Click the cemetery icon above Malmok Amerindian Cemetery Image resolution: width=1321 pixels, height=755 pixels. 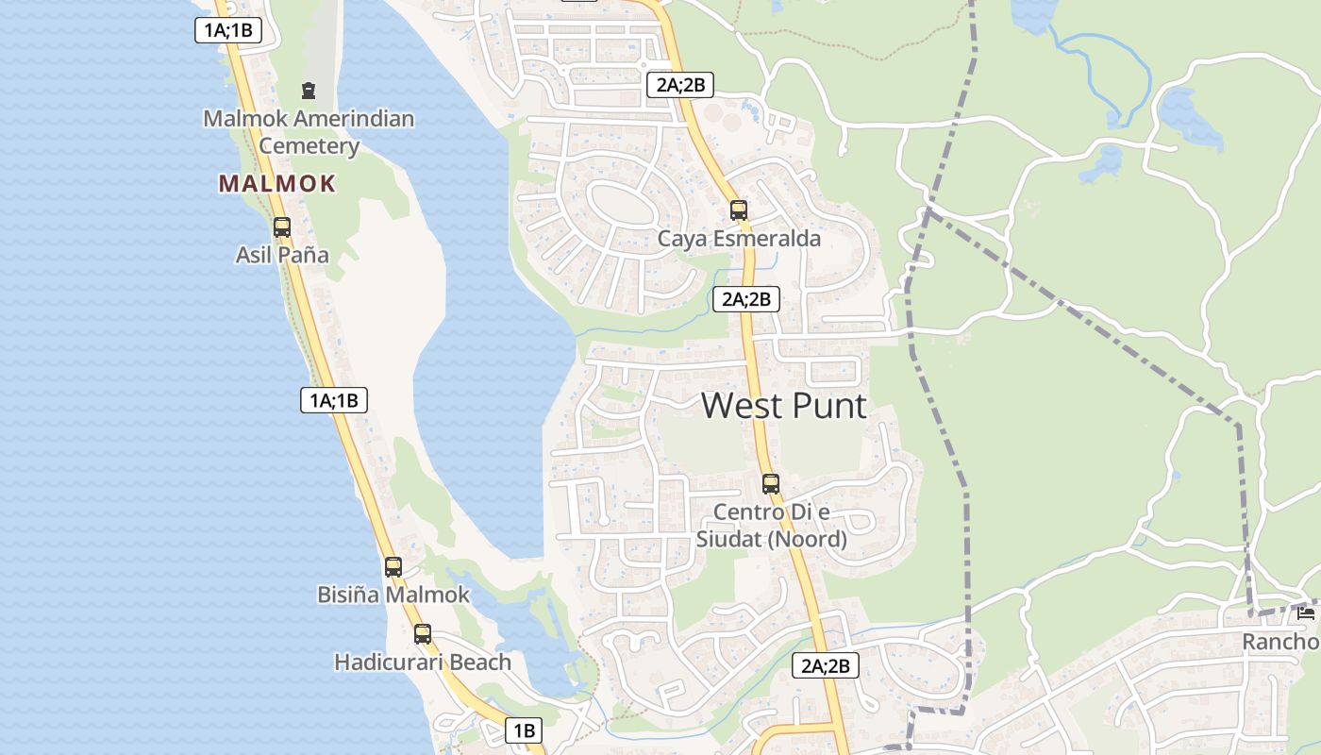[x=308, y=91]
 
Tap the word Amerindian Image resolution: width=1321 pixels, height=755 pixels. [x=355, y=119]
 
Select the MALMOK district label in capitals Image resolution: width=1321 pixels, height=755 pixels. [x=277, y=183]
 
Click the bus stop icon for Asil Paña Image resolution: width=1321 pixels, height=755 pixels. [x=282, y=226]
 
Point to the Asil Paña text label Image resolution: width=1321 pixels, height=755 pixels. [x=282, y=255]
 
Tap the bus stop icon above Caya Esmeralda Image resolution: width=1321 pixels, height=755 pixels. [x=739, y=210]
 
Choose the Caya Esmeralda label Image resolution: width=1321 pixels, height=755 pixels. [x=739, y=239]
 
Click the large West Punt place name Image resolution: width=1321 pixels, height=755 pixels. [x=784, y=406]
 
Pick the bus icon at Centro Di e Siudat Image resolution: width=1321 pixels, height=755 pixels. [x=771, y=484]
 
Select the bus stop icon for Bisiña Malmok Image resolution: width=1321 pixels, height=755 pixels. [x=393, y=566]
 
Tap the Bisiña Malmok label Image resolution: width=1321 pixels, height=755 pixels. [x=393, y=596]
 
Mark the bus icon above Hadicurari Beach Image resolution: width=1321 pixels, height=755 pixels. [x=423, y=633]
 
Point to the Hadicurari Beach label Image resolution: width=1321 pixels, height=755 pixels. [x=423, y=663]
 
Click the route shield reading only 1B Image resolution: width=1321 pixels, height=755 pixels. [x=525, y=730]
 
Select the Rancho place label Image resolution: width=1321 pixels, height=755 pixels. [x=1280, y=642]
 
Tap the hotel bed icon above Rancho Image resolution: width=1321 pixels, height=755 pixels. [x=1306, y=613]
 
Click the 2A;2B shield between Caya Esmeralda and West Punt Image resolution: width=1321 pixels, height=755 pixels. [x=746, y=300]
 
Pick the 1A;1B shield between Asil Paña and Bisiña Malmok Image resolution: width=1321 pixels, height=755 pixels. [x=334, y=400]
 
